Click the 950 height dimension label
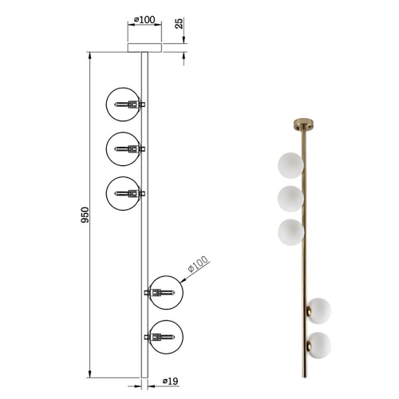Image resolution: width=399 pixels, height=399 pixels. [85, 215]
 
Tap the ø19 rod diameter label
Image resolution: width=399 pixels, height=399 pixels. [170, 381]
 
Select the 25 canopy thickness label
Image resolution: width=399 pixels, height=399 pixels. [180, 23]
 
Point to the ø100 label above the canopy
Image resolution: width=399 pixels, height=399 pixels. [144, 20]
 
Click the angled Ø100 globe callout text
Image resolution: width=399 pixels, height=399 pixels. [198, 263]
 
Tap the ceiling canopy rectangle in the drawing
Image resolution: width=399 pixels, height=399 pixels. [144, 48]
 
